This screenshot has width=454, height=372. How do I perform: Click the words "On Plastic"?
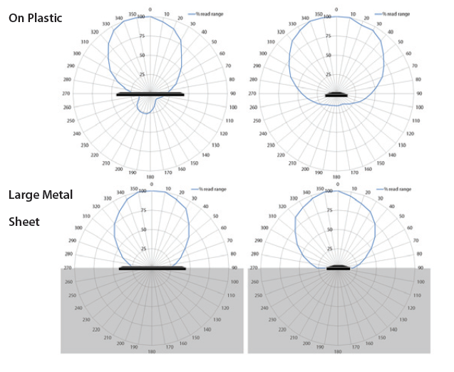tap(35, 18)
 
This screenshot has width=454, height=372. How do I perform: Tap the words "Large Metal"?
tap(41, 194)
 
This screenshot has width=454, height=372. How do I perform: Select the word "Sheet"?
tap(24, 222)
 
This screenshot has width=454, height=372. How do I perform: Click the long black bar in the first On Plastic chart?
tap(150, 95)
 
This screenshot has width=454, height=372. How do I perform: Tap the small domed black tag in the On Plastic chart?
tap(336, 94)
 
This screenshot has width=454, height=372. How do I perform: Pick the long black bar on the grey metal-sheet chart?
tap(153, 268)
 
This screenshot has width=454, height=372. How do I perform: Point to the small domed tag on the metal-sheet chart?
tap(336, 267)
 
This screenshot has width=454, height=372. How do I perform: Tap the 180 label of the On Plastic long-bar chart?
tap(150, 177)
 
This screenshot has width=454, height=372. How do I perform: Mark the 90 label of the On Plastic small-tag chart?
tap(419, 93)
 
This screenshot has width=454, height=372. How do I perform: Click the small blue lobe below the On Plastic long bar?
tap(148, 105)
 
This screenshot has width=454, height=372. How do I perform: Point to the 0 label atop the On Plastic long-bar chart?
tap(150, 9)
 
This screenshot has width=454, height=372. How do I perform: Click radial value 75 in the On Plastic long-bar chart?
tap(143, 36)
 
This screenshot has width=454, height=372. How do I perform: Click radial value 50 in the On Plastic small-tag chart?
tap(329, 56)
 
